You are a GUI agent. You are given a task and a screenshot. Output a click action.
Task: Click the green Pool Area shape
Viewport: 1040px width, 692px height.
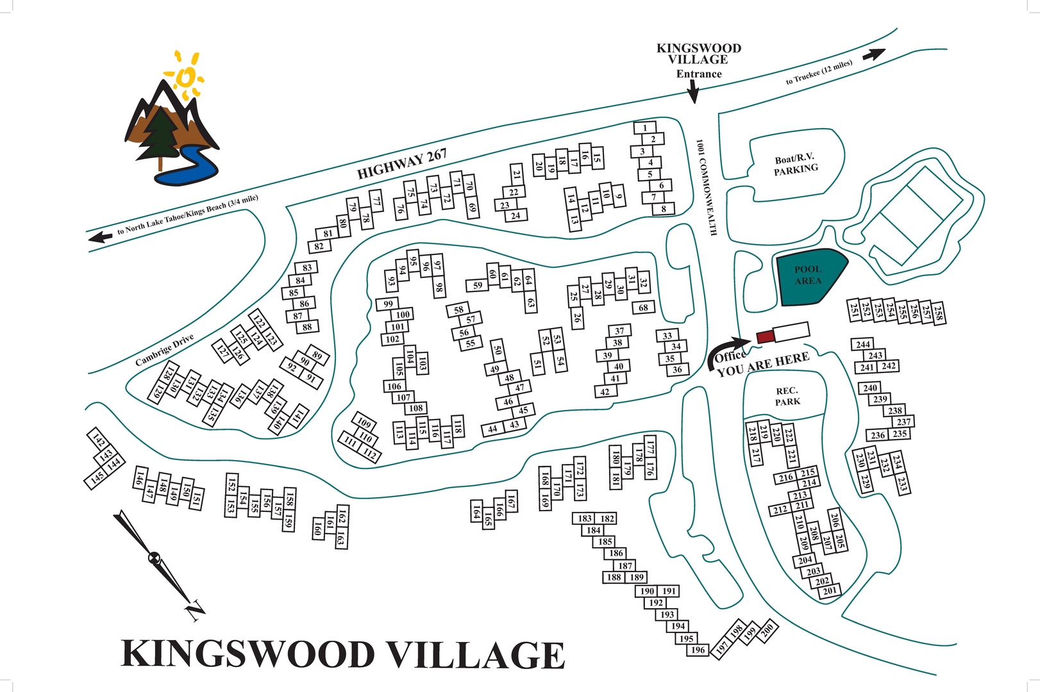click(809, 277)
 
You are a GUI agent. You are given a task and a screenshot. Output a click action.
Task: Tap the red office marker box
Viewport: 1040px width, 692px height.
click(765, 336)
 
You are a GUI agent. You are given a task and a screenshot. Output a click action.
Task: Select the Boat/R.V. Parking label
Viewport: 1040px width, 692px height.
click(796, 164)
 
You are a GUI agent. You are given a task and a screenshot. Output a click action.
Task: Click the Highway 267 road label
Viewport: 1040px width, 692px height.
click(401, 164)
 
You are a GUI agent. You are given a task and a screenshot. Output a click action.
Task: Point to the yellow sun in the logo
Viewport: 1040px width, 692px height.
click(185, 77)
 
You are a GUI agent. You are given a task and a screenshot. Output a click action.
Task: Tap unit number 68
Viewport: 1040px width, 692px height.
click(643, 308)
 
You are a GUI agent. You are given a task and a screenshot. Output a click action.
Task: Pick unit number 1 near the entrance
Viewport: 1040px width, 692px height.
click(645, 128)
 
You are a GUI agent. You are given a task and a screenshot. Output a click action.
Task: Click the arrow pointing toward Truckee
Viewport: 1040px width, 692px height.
click(873, 54)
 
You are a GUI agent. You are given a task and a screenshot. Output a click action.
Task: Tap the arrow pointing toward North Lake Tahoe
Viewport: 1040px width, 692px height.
click(101, 237)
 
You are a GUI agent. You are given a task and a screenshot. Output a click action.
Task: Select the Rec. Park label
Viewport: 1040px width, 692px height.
click(787, 396)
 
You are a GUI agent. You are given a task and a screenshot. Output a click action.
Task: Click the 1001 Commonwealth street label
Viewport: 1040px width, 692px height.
click(706, 188)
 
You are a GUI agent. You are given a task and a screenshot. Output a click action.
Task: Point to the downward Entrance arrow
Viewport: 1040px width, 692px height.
click(692, 93)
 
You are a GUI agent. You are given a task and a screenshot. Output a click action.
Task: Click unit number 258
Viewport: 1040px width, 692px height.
click(937, 313)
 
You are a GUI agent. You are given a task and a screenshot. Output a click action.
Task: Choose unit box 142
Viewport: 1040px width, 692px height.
click(98, 440)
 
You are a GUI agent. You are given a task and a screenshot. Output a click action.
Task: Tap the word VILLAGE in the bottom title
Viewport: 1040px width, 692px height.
click(476, 655)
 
